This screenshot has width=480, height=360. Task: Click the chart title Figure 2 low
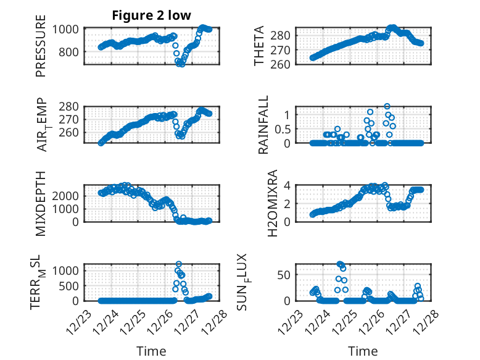151,15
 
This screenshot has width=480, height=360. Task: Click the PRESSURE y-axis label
41,51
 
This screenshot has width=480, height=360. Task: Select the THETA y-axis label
259,46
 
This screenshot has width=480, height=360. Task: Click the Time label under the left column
152,351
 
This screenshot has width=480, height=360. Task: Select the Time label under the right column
363,351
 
